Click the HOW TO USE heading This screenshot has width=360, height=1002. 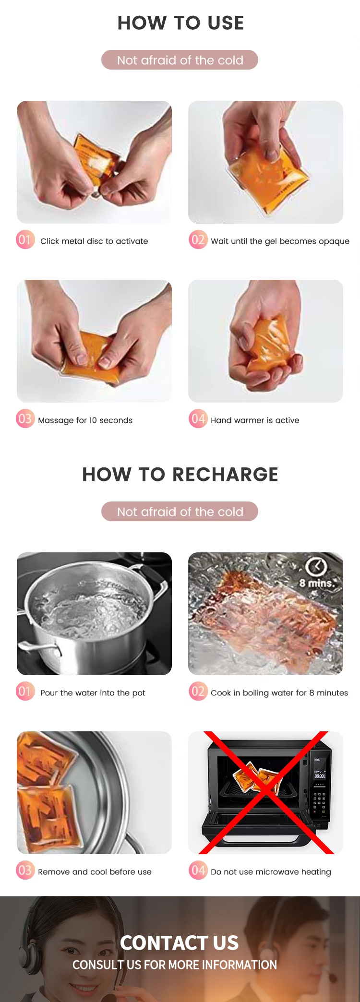[x=180, y=23]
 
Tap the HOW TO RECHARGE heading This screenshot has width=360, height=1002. [x=180, y=475]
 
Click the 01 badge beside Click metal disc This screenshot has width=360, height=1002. [x=25, y=240]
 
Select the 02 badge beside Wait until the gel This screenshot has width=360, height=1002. [x=198, y=240]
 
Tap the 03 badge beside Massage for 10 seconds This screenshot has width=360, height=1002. [x=25, y=419]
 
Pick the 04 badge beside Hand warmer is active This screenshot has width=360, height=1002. [x=198, y=419]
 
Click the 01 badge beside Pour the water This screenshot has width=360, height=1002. [x=25, y=692]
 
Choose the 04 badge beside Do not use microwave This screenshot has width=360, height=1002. [x=198, y=871]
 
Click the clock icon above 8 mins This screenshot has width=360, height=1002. [x=316, y=567]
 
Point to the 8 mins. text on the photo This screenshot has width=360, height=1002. [x=316, y=584]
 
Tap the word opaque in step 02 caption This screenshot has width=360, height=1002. [x=334, y=241]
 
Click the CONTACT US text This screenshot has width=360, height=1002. [x=179, y=943]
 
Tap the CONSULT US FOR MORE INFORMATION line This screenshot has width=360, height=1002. [x=175, y=965]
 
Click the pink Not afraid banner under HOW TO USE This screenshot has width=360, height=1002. [x=180, y=60]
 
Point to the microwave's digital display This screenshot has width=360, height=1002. [x=320, y=775]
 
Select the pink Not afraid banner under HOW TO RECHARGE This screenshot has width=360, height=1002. [x=180, y=512]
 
